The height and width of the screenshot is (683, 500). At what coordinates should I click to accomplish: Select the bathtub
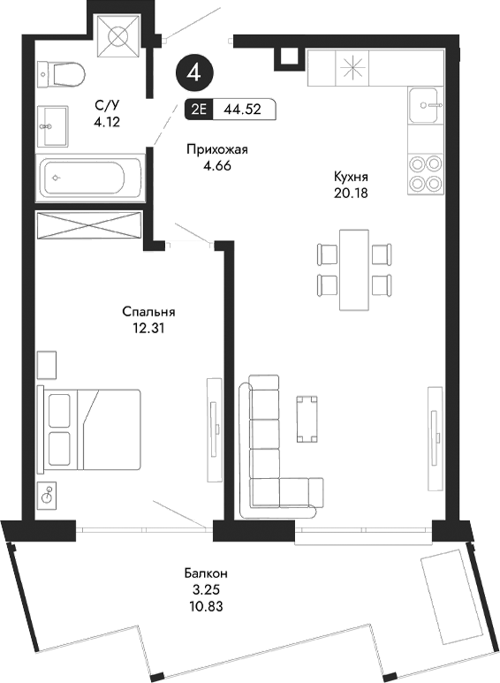click(x=90, y=176)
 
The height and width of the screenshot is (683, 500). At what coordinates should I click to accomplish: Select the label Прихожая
click(x=216, y=149)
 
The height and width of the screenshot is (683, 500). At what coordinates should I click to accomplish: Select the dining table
click(x=354, y=269)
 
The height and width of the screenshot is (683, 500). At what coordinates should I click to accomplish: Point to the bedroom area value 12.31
click(x=148, y=328)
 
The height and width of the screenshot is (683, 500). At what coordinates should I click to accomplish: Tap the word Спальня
click(x=148, y=312)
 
